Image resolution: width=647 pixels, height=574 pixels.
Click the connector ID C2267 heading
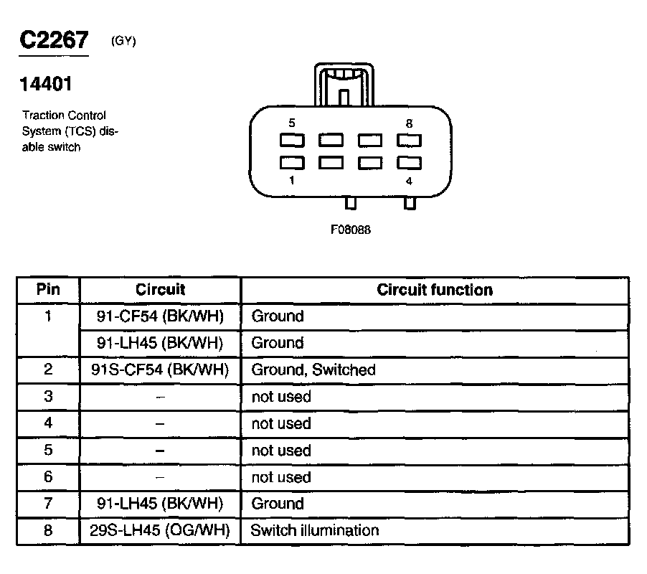coord(55,40)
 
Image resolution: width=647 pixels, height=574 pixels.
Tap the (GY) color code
coord(123,41)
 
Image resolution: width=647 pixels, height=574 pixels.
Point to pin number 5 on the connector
coord(292,123)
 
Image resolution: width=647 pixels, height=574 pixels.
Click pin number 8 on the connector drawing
coord(409,123)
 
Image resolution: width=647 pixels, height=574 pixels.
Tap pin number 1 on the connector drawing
coord(292,181)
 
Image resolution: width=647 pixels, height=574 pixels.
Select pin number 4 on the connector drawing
coord(409,181)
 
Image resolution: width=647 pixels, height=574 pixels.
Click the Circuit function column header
coord(435,290)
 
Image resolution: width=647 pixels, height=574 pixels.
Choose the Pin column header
coord(48,290)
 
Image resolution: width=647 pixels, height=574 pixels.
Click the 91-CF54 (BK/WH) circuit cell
coord(160,316)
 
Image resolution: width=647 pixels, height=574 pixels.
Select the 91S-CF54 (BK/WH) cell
coord(160,370)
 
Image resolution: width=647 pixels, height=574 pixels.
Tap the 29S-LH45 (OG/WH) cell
coord(160,531)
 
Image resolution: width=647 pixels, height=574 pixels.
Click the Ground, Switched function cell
coord(313,370)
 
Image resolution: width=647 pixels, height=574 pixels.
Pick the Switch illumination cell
coord(314,531)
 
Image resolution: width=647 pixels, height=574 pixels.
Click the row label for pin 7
coord(48,504)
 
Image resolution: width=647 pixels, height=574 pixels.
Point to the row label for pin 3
coord(48,397)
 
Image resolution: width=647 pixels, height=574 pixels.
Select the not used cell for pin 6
coord(281,477)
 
